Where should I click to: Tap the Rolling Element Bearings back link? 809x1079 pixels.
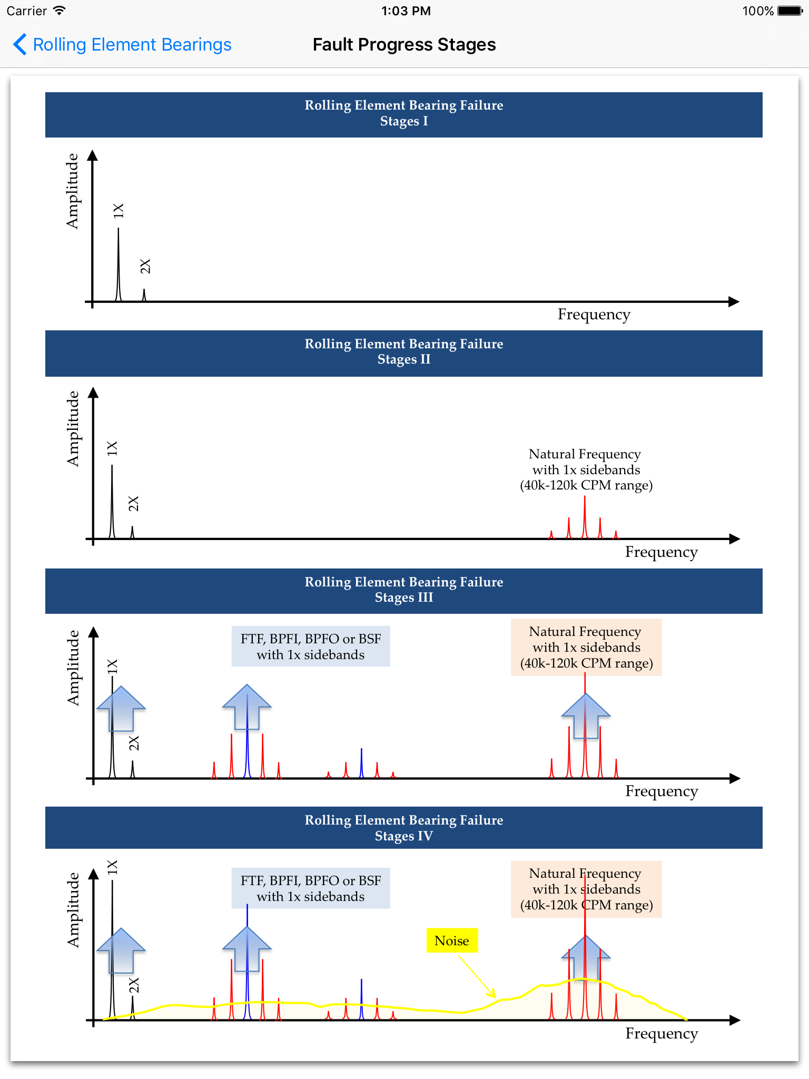[x=122, y=45]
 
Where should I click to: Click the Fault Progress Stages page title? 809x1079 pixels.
[x=404, y=45]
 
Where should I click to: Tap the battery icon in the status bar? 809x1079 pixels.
[x=790, y=11]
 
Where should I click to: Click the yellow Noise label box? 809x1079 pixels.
[x=452, y=940]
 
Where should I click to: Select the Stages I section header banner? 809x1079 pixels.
[x=404, y=115]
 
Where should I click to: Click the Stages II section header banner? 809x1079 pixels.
[x=404, y=353]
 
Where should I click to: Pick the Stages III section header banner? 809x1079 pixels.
[x=404, y=591]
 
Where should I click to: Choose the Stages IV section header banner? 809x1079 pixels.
[x=404, y=828]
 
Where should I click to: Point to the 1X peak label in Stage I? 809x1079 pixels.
[x=119, y=211]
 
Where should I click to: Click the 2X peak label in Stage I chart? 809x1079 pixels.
[x=145, y=267]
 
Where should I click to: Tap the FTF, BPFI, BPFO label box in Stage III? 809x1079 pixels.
[x=311, y=646]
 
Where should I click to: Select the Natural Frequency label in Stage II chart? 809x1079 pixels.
[x=586, y=469]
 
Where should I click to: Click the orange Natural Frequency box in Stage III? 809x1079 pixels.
[x=586, y=648]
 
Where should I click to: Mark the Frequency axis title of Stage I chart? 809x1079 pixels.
[x=594, y=315]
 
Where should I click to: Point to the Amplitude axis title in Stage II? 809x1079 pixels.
[x=73, y=429]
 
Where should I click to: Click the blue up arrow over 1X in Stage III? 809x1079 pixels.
[x=121, y=709]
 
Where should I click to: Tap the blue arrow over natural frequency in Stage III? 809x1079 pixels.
[x=586, y=715]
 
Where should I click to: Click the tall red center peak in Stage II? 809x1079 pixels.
[x=585, y=517]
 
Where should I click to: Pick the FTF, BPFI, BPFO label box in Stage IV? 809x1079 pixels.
[x=311, y=888]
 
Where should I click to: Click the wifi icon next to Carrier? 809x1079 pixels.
[x=60, y=11]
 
